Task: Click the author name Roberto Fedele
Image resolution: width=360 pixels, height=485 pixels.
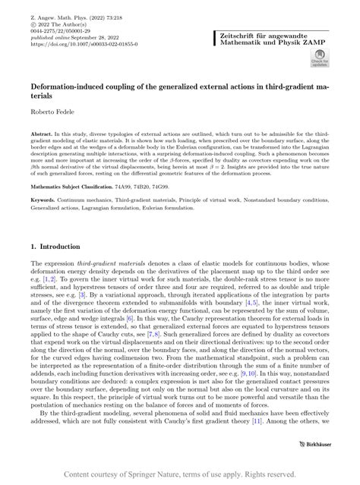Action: click(50, 112)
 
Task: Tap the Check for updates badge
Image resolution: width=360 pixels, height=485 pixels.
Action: click(319, 59)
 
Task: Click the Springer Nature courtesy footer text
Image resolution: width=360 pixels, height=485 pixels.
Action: click(179, 474)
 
